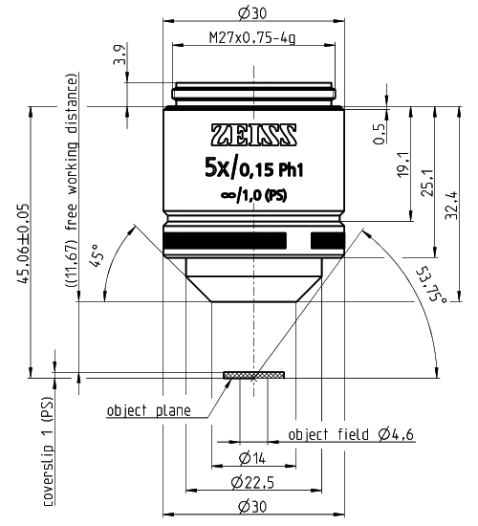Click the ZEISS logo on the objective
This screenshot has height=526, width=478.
254,134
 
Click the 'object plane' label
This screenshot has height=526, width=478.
147,411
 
